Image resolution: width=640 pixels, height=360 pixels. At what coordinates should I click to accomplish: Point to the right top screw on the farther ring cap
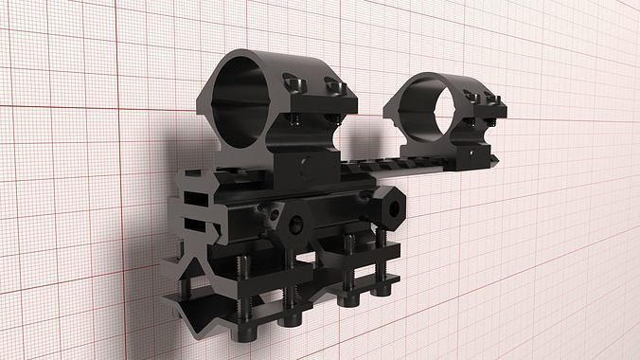pyautogui.click(x=489, y=96)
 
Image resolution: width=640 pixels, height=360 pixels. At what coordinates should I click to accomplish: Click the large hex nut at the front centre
pyautogui.click(x=296, y=224)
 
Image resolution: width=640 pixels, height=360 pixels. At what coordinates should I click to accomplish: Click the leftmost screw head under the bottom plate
pyautogui.click(x=249, y=333)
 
